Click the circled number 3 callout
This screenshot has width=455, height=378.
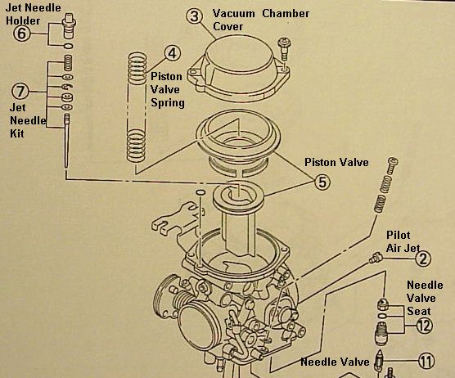point(195,16)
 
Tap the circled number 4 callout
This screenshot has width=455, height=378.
point(173,53)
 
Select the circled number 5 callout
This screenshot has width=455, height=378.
point(322,182)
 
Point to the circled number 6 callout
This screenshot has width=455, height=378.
point(22,34)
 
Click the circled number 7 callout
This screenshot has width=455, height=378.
point(20,92)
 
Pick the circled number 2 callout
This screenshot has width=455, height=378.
point(423,259)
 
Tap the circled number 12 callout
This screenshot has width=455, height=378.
point(425,326)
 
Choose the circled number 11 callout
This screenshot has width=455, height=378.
point(426,361)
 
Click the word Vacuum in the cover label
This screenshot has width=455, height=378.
point(234,13)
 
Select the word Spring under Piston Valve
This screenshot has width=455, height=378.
point(168,103)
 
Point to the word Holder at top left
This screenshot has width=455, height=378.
point(23,20)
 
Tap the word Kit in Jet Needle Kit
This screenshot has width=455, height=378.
point(17,133)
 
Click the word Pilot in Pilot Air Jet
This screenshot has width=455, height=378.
point(399,235)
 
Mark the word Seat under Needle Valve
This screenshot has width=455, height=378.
point(419,311)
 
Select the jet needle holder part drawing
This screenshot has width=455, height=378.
point(69,25)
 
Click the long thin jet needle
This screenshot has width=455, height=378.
point(67,141)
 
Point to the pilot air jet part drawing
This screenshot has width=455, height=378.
point(376,258)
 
